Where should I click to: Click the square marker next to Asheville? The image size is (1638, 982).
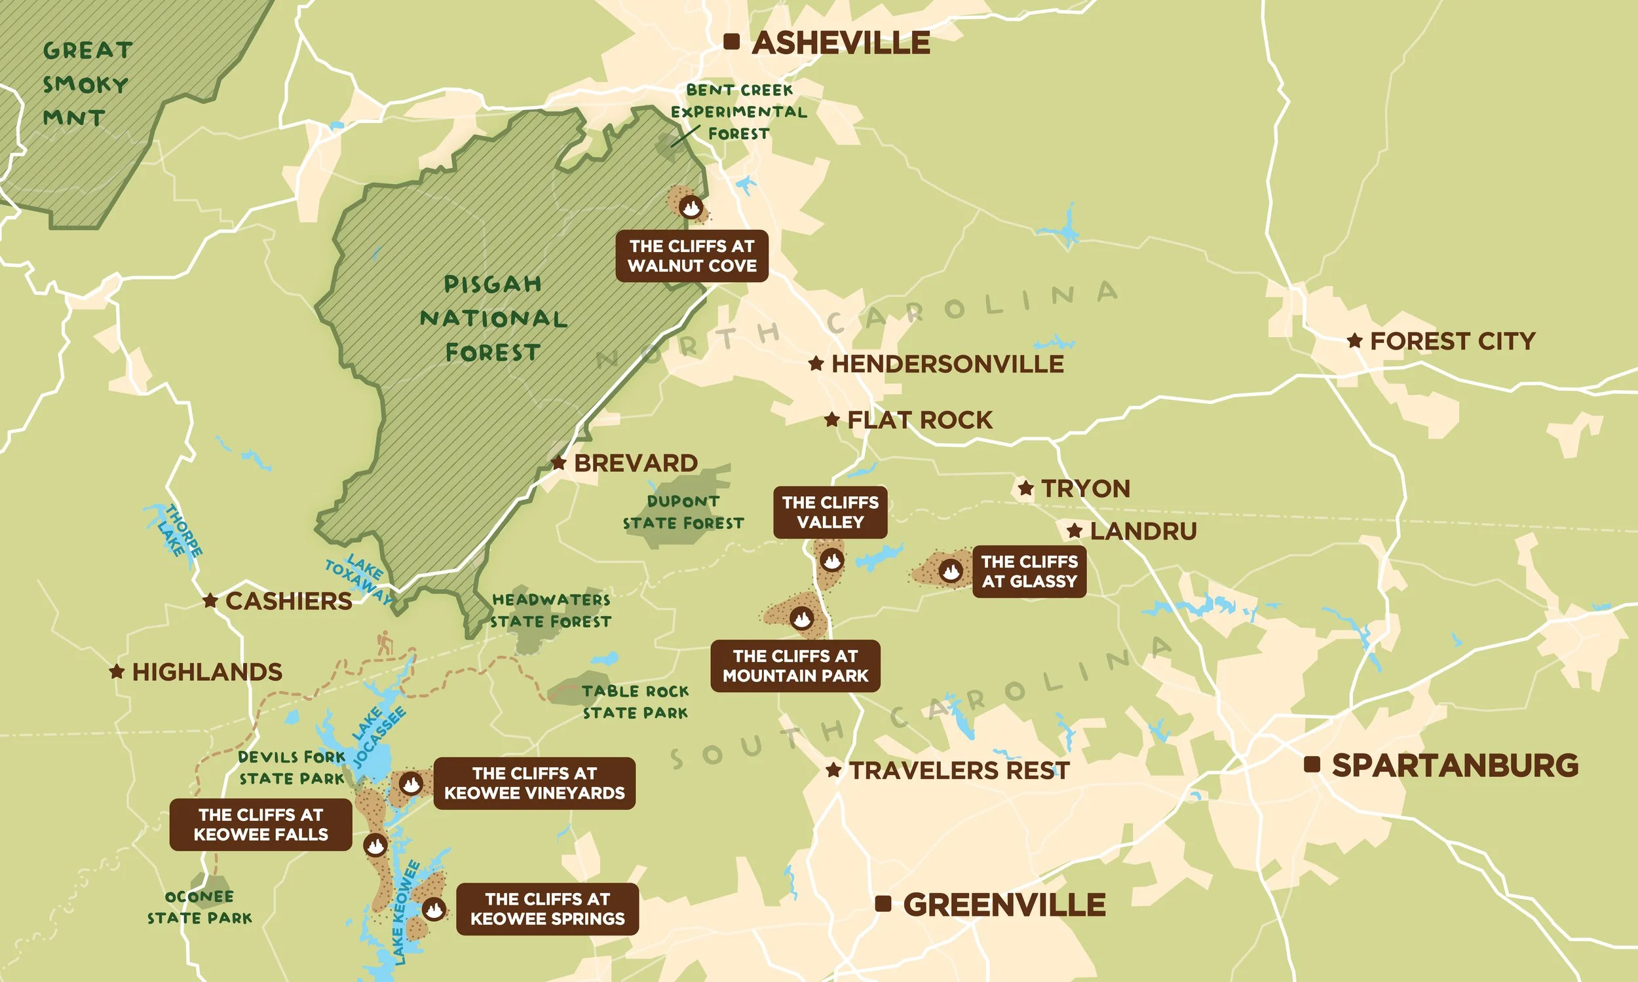pos(731,42)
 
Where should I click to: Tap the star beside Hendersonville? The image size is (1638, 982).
pos(816,363)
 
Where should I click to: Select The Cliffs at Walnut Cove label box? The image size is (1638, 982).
pos(692,256)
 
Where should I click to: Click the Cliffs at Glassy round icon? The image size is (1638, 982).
pos(951,570)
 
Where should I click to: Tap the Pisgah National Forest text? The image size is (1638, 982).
pos(493,318)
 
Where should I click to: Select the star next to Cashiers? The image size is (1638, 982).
pos(210,601)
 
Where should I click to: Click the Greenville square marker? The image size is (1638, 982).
pos(883,904)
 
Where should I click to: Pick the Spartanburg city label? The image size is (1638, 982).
pos(1455,765)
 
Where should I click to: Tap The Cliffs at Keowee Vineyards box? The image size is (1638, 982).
pos(534,784)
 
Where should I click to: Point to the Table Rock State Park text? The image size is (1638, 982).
pos(635,702)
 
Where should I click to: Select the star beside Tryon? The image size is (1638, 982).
pos(1025,488)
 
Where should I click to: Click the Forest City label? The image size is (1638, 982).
pos(1452,342)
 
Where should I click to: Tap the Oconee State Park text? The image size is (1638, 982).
pos(199,907)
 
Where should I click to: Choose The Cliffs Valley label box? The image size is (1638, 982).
pos(830,513)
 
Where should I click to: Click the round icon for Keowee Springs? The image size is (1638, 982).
pos(434,909)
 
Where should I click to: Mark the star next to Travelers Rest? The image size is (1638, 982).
pos(833,771)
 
